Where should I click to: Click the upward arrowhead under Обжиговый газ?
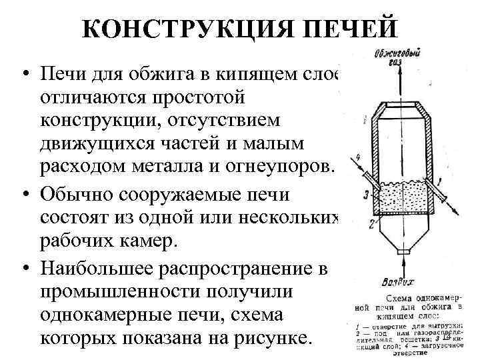(x=400, y=69)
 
